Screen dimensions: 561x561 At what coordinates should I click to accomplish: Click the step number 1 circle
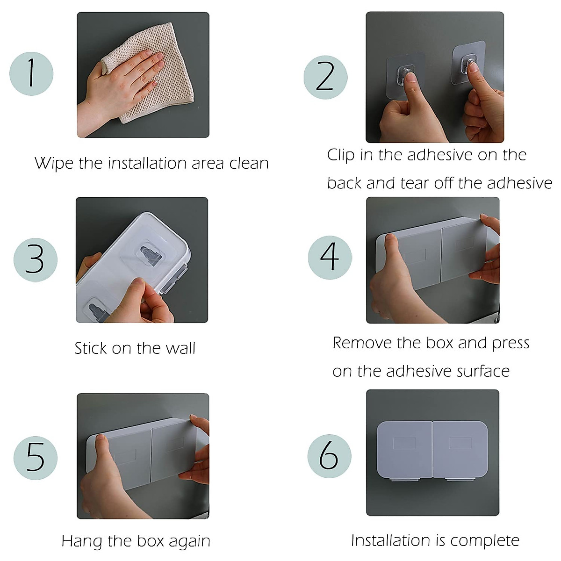coord(31,74)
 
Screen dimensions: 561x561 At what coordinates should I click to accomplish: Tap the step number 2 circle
coord(325,78)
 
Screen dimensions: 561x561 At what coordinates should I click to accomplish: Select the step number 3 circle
coord(36,260)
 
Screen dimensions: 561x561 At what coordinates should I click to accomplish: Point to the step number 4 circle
coord(330,257)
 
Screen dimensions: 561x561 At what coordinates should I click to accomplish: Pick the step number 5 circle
coord(36,458)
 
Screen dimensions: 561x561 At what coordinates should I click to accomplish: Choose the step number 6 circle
coord(329,456)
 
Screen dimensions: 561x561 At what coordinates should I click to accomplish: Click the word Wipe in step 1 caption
coord(54,164)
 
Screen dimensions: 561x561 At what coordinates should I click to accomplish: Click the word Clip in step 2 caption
coord(340,155)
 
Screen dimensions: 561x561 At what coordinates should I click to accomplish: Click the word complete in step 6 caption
coord(485,541)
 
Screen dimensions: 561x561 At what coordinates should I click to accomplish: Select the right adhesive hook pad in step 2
coord(469,63)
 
